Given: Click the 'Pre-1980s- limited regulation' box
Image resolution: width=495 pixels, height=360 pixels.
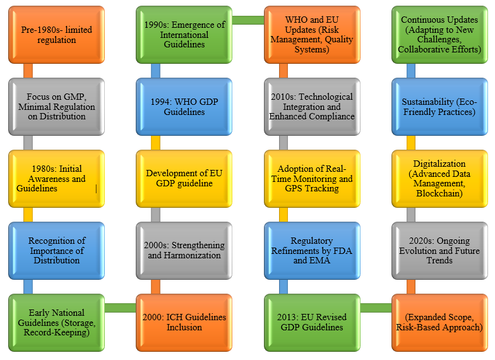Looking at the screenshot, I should tap(56, 35).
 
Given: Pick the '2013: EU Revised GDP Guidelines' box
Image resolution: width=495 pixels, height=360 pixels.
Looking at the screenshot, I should tap(312, 322).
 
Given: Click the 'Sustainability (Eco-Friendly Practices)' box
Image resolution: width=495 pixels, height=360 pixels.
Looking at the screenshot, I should tap(439, 107).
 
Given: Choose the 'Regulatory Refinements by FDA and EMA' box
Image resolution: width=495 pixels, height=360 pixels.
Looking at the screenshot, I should tap(312, 251).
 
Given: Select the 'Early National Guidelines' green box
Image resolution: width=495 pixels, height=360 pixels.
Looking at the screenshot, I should tap(56, 322).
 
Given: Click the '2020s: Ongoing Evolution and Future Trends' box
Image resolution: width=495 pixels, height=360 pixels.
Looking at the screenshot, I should tap(439, 251).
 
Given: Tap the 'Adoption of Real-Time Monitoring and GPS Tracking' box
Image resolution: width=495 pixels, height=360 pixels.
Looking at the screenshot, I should tap(312, 179).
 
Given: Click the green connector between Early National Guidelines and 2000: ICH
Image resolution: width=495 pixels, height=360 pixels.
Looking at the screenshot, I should tap(120, 308).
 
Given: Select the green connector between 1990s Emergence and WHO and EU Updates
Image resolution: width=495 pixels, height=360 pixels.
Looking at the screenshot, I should tap(247, 21).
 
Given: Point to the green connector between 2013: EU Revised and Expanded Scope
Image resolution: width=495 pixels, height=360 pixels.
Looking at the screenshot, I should tap(376, 308).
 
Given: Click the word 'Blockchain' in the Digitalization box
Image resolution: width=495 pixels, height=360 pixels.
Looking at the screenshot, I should tap(439, 193).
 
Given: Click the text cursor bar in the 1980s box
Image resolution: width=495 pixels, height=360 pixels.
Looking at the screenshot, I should tap(96, 188).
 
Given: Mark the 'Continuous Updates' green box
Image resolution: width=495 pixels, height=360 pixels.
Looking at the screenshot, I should tap(439, 35).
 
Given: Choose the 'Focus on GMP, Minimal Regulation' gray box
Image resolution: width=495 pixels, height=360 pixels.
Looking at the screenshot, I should tap(56, 107).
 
